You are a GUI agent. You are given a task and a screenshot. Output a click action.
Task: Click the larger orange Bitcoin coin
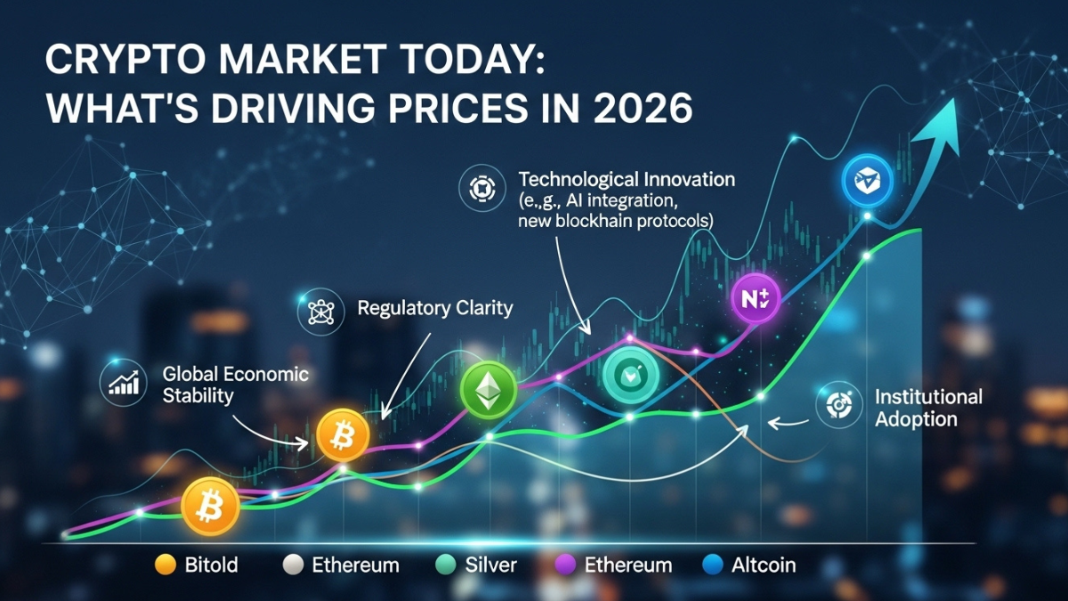[x=210, y=505]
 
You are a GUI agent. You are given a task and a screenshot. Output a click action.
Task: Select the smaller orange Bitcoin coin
[x=341, y=435]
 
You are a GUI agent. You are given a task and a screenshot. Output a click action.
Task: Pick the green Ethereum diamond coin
[x=488, y=388]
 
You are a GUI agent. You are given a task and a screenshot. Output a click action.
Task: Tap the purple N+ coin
[x=756, y=299]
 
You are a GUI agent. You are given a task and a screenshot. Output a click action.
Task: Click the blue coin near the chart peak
[x=865, y=181]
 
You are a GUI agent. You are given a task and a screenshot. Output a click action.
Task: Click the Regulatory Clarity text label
[x=434, y=309]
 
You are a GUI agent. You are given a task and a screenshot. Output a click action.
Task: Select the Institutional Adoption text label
[x=928, y=407]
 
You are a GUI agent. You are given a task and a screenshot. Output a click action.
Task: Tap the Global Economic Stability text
[x=236, y=384]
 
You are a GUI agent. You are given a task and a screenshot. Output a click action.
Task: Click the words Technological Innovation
[x=627, y=179]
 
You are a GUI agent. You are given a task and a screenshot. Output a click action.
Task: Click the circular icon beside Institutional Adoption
[x=837, y=405]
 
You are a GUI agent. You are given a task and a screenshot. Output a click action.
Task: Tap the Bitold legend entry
[x=211, y=564]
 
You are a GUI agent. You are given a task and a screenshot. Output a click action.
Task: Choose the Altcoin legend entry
[x=760, y=564]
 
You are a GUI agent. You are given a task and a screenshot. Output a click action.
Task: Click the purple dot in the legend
[x=562, y=564]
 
